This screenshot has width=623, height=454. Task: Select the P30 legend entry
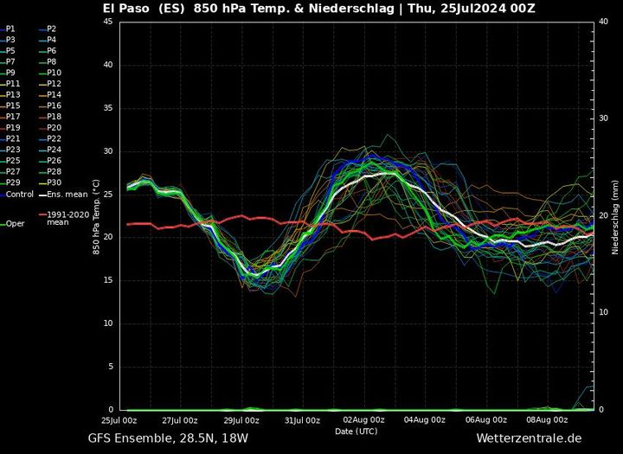pyautogui.click(x=53, y=182)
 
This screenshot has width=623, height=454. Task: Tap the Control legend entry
pyautogui.click(x=19, y=194)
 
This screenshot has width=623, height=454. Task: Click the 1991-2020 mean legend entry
pyautogui.click(x=69, y=217)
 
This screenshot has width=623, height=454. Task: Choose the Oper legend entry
pyautogui.click(x=15, y=223)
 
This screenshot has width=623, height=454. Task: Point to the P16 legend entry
pyautogui.click(x=53, y=106)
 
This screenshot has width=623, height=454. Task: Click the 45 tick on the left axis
pyautogui.click(x=108, y=22)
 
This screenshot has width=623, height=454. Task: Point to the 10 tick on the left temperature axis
pyautogui.click(x=108, y=323)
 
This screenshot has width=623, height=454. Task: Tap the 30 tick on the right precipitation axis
pyautogui.click(x=603, y=118)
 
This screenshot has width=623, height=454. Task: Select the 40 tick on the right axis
pyautogui.click(x=603, y=22)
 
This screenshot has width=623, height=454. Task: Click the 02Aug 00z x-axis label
pyautogui.click(x=365, y=420)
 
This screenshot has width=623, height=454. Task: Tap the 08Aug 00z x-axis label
pyautogui.click(x=546, y=420)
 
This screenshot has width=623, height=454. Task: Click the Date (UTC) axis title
pyautogui.click(x=356, y=431)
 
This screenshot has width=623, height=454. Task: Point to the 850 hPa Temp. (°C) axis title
pyautogui.click(x=95, y=216)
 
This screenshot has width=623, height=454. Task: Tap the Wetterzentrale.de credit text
pyautogui.click(x=529, y=438)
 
